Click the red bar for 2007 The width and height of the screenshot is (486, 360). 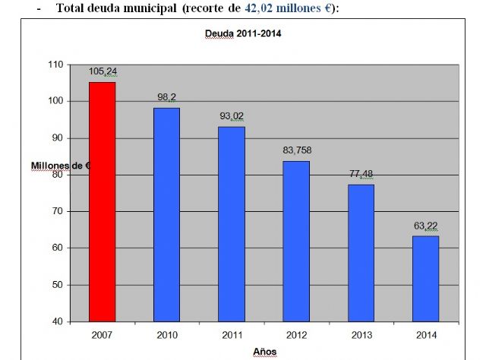102,201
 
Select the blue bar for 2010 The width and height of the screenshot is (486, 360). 166,214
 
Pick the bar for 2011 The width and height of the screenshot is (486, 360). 231,223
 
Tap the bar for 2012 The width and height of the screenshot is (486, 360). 296,241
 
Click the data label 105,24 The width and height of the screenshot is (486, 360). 103,71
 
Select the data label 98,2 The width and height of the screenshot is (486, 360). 166,98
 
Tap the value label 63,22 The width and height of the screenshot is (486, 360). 425,226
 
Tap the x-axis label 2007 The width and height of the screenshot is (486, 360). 102,333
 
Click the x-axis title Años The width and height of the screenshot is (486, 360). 264,351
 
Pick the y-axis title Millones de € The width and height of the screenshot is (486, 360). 61,166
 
